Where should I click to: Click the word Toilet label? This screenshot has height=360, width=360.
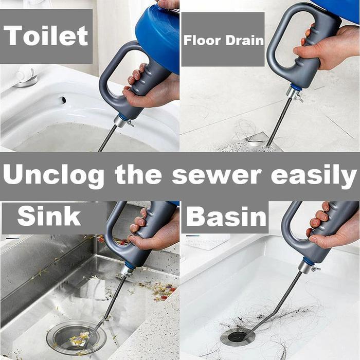[46, 35]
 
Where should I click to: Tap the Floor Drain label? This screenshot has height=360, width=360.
[223, 40]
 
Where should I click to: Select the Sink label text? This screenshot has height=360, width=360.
[49, 217]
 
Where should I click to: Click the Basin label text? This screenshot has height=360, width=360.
[226, 217]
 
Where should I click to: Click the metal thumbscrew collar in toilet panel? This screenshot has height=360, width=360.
[122, 121]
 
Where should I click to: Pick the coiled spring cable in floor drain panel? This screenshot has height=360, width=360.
[280, 121]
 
